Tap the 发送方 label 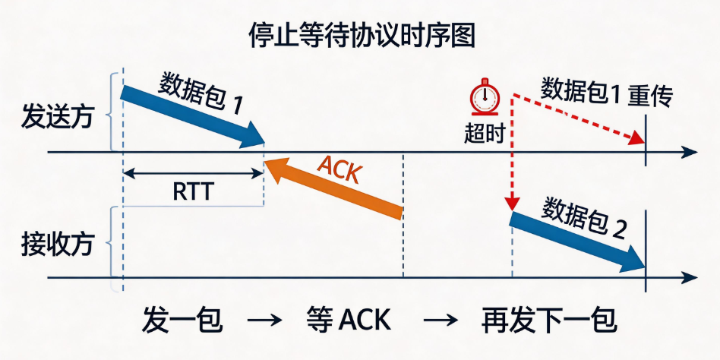click(x=58, y=118)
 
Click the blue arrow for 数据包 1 click(x=192, y=117)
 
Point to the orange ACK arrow click(x=334, y=188)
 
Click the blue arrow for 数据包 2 click(x=578, y=242)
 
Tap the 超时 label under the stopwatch click(x=484, y=134)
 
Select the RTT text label click(x=194, y=192)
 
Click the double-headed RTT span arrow click(x=194, y=173)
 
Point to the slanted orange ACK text click(x=339, y=170)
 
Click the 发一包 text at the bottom click(x=182, y=320)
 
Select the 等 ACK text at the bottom click(x=348, y=320)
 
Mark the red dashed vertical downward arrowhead click(x=512, y=204)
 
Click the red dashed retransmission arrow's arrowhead click(x=637, y=137)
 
